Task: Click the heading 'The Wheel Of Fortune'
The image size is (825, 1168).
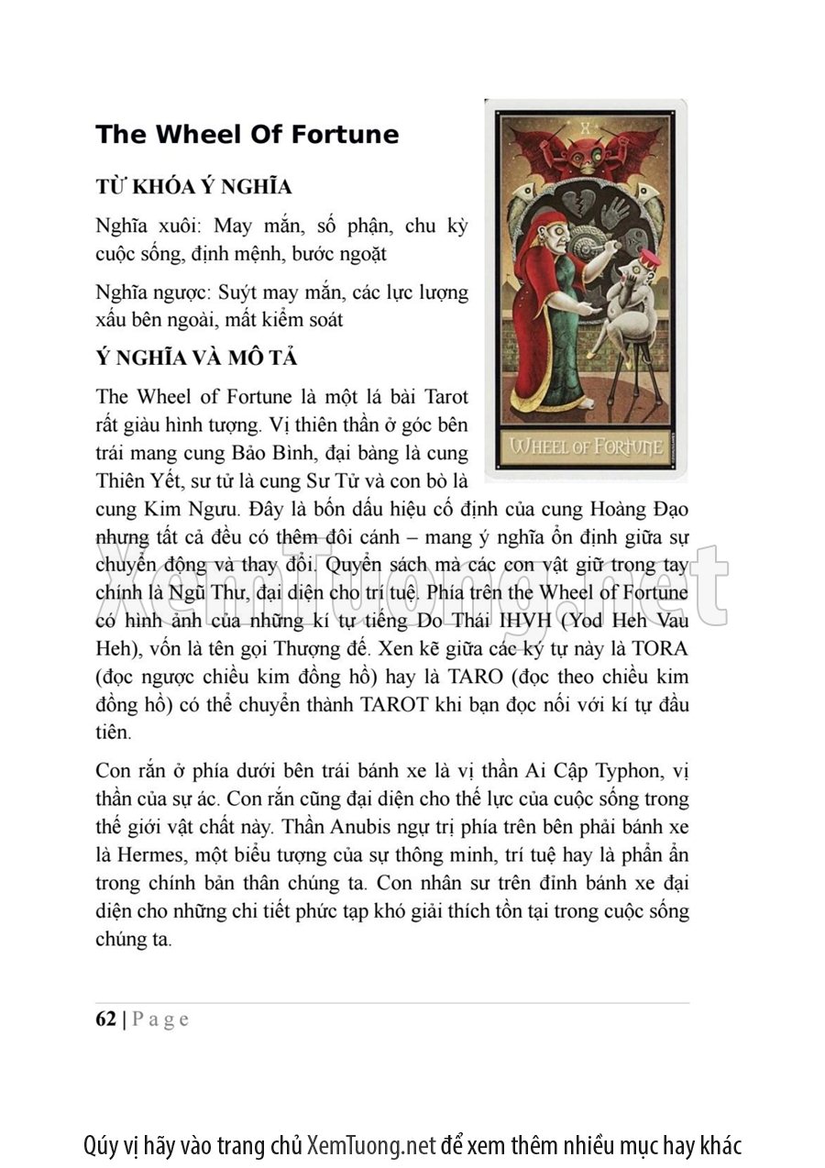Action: [247, 135]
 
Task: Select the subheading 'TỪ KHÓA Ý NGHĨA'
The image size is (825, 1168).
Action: [193, 187]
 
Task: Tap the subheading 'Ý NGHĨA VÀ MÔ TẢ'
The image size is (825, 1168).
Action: [196, 358]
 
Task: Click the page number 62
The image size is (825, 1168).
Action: [105, 1019]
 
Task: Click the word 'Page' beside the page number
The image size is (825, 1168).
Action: [161, 1019]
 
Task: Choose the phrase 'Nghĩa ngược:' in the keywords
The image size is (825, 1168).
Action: [153, 293]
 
